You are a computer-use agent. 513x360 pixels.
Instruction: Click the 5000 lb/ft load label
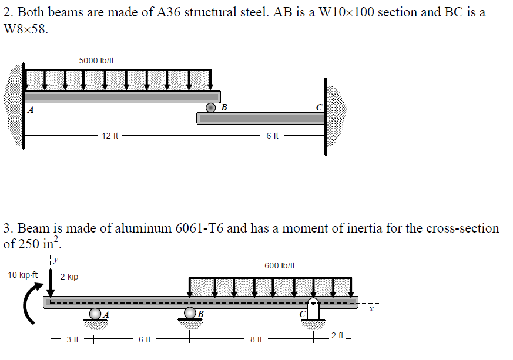pyautogui.click(x=96, y=60)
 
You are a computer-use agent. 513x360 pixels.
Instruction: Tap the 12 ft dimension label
pyautogui.click(x=110, y=136)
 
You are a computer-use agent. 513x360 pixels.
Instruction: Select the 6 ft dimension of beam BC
pyautogui.click(x=272, y=136)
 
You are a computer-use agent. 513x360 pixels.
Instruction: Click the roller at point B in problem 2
pyautogui.click(x=210, y=107)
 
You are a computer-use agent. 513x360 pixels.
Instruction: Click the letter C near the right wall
pyautogui.click(x=318, y=107)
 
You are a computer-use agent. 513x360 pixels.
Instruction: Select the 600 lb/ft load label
pyautogui.click(x=279, y=265)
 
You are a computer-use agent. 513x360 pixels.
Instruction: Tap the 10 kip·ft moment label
pyautogui.click(x=23, y=274)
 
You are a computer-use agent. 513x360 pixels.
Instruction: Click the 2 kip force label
pyautogui.click(x=69, y=277)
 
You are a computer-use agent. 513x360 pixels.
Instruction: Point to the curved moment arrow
pyautogui.click(x=28, y=302)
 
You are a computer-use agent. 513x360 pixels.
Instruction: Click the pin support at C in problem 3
pyautogui.click(x=313, y=310)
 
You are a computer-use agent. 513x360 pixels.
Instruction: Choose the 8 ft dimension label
pyautogui.click(x=256, y=339)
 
